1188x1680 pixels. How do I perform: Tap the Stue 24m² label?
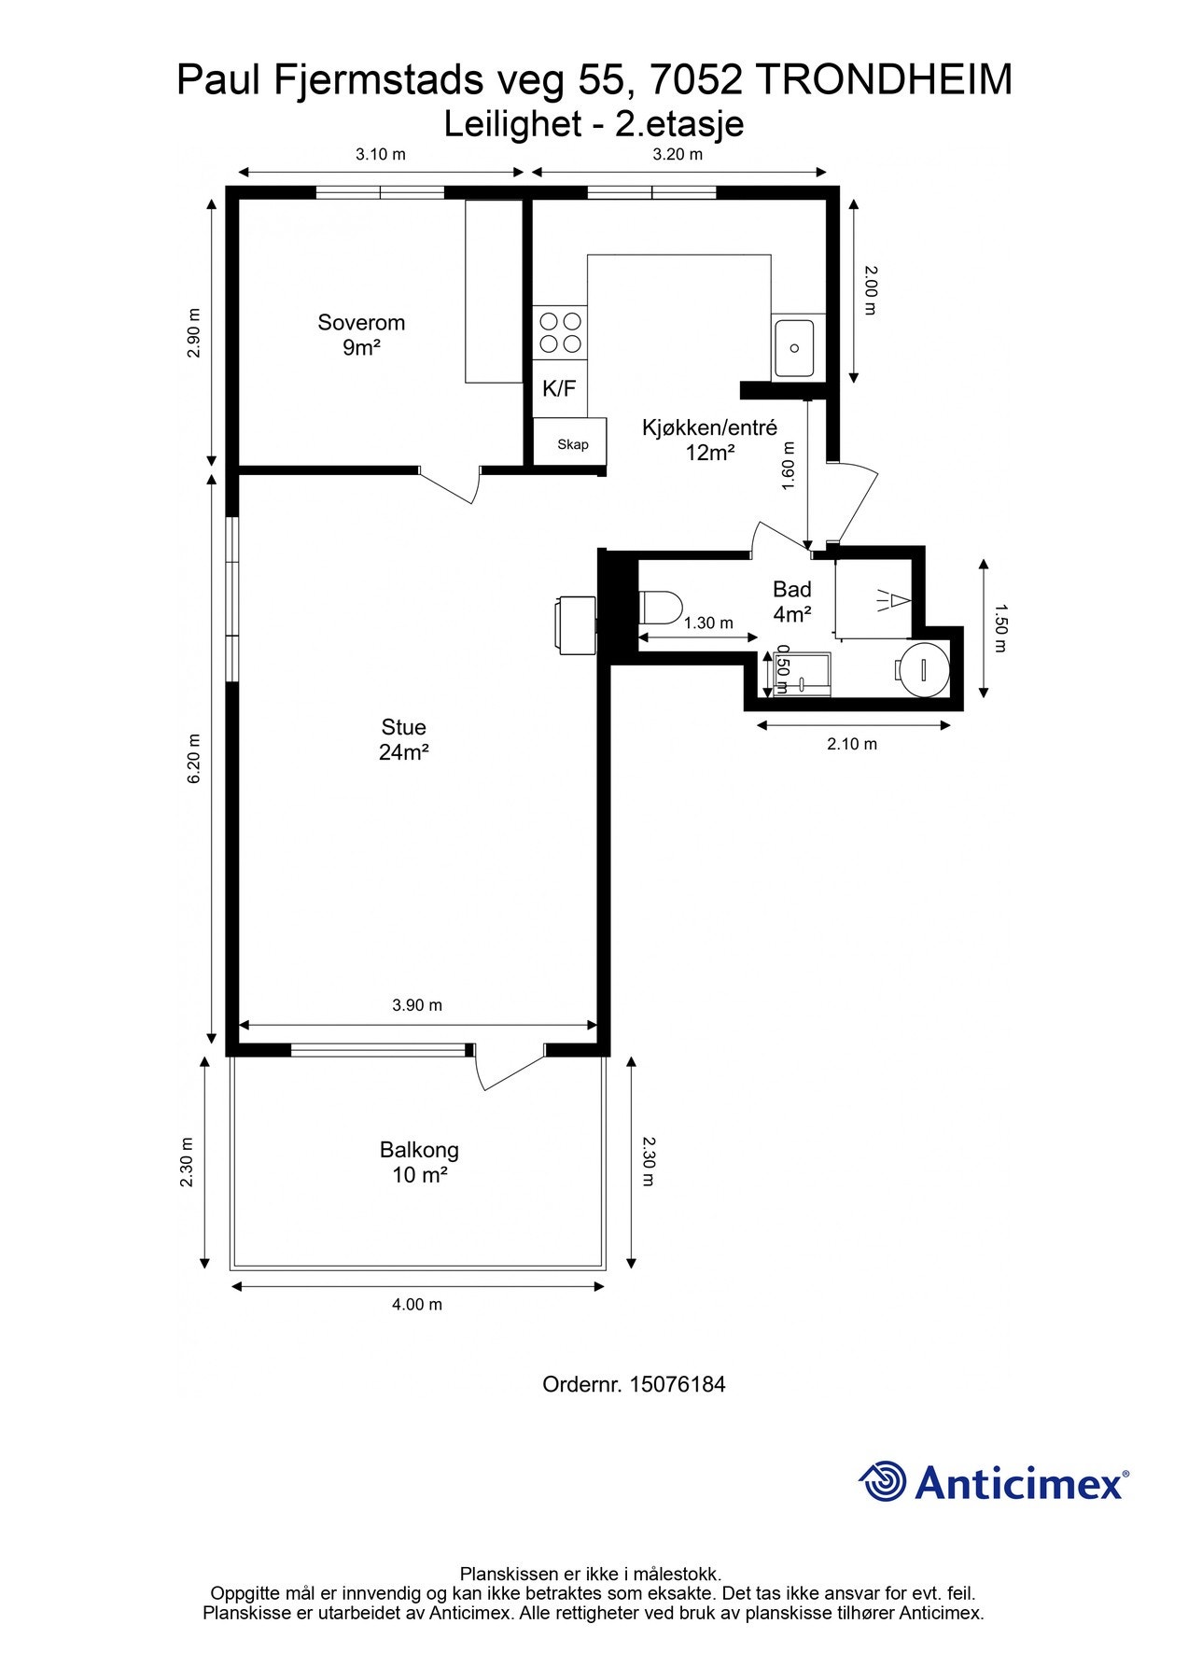pyautogui.click(x=403, y=739)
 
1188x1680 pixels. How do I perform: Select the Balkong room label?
pyautogui.click(x=419, y=1162)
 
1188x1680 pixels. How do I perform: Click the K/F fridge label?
pyautogui.click(x=559, y=389)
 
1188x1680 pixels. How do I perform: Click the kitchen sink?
pyautogui.click(x=793, y=347)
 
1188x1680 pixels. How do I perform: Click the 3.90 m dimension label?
pyautogui.click(x=417, y=1005)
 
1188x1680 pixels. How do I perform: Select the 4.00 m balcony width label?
pyautogui.click(x=417, y=1305)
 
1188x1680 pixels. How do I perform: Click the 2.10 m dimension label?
pyautogui.click(x=852, y=744)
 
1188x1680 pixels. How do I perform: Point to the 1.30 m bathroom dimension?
pyautogui.click(x=708, y=623)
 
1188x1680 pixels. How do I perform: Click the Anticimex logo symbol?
pyautogui.click(x=883, y=1481)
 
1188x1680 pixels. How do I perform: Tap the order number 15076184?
pyautogui.click(x=678, y=1384)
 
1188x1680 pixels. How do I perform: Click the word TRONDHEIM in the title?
pyautogui.click(x=883, y=81)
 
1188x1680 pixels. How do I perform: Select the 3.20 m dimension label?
pyautogui.click(x=677, y=154)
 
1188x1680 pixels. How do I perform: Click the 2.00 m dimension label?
pyautogui.click(x=870, y=289)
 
